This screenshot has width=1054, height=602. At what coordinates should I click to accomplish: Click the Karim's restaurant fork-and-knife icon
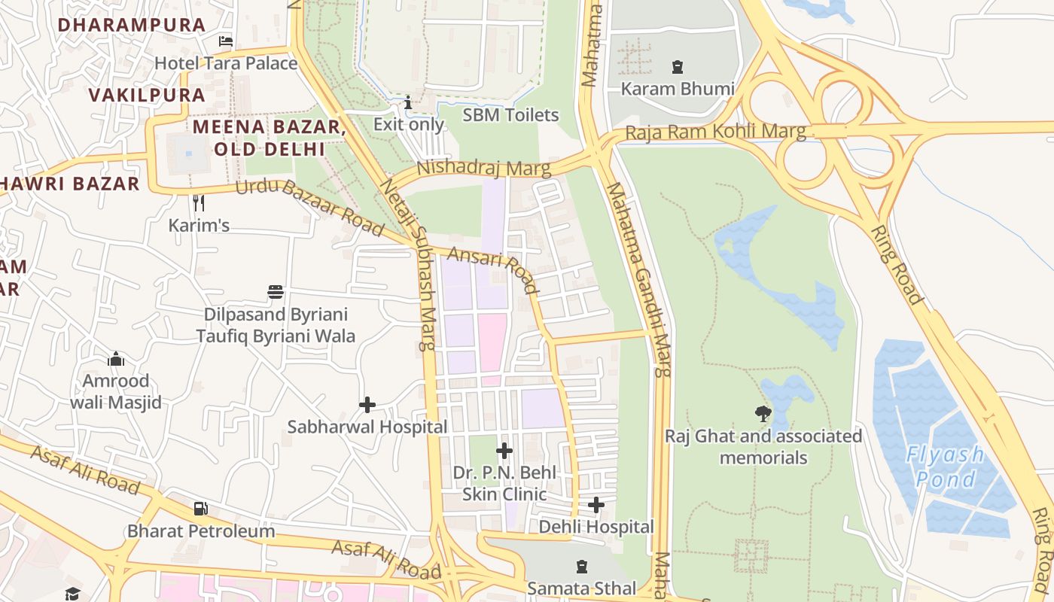pos(199,202)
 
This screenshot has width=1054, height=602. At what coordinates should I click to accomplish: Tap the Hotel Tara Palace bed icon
pos(225,41)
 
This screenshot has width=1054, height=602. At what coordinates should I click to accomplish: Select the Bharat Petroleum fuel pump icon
pos(200,509)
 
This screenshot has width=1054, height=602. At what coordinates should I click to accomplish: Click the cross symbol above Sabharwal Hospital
pos(367,405)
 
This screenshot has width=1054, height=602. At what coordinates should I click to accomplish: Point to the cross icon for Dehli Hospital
pos(596,505)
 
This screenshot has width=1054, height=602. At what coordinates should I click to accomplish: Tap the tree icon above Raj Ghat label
pos(763,413)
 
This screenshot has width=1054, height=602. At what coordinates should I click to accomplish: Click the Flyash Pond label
pos(945,467)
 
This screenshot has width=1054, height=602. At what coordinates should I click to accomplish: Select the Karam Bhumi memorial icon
pos(677,67)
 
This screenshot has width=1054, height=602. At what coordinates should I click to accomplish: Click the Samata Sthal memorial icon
pos(581,566)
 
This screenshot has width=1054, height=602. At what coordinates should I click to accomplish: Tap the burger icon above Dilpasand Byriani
pos(276,291)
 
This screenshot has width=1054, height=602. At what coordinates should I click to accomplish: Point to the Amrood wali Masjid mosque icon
pos(116,359)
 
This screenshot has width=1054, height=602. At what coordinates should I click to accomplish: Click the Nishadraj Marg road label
pos(483,167)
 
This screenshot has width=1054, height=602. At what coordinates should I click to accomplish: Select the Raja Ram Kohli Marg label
pos(715,132)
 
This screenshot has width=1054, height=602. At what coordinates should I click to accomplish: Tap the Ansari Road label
pos(494,270)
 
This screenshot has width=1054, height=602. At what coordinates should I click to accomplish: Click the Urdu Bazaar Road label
pos(309,207)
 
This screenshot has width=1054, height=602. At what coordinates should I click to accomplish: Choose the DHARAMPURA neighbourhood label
pos(132,25)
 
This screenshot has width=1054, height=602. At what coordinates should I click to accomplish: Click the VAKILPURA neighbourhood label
pos(147,95)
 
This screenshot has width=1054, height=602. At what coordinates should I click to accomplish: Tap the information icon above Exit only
pos(408,102)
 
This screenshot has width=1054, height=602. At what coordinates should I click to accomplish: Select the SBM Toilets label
pos(510,115)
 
